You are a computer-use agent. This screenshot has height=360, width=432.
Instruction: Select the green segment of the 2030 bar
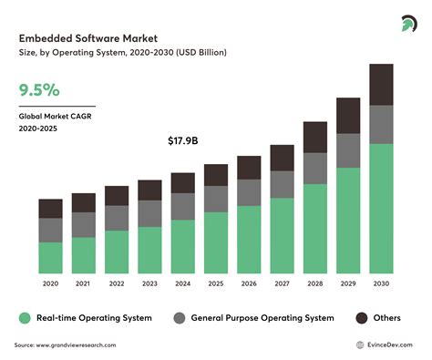click(x=381, y=208)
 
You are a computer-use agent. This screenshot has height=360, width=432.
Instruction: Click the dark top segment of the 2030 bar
click(x=381, y=85)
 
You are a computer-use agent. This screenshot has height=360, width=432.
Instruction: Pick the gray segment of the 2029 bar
click(x=348, y=150)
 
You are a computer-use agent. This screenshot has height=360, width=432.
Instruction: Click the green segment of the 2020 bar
click(x=50, y=256)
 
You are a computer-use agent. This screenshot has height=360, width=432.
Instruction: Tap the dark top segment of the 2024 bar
click(x=182, y=182)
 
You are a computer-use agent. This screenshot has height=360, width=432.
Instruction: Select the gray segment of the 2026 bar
click(x=249, y=191)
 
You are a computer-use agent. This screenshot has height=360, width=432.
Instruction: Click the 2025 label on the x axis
click(x=215, y=283)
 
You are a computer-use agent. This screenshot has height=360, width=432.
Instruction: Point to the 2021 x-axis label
click(x=83, y=283)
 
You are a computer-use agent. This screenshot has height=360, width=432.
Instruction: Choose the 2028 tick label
click(x=314, y=283)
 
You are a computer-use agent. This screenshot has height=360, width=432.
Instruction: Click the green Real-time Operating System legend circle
click(x=26, y=318)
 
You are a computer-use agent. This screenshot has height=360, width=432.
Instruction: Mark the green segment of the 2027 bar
click(x=282, y=235)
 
